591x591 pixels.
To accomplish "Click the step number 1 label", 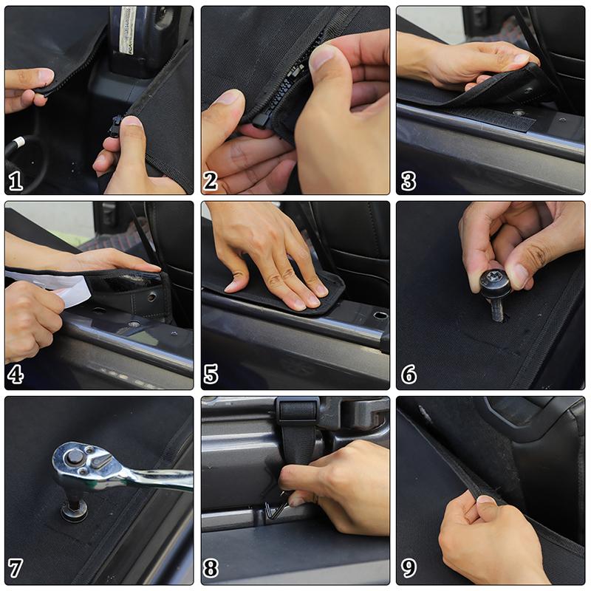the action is coord(16,181).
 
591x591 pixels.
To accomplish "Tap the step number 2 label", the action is coord(211,181).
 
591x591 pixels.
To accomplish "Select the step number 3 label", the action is coord(409,181).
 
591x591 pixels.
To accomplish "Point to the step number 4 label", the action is coord(16,375).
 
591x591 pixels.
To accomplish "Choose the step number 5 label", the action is coord(211,375).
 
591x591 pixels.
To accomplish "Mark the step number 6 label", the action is coord(409,375).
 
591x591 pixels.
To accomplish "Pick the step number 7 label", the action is coord(16,568).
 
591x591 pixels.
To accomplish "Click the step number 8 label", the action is coord(211,568).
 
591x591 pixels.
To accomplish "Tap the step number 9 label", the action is coord(409,568).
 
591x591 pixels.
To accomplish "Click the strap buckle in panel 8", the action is coord(297,411).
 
